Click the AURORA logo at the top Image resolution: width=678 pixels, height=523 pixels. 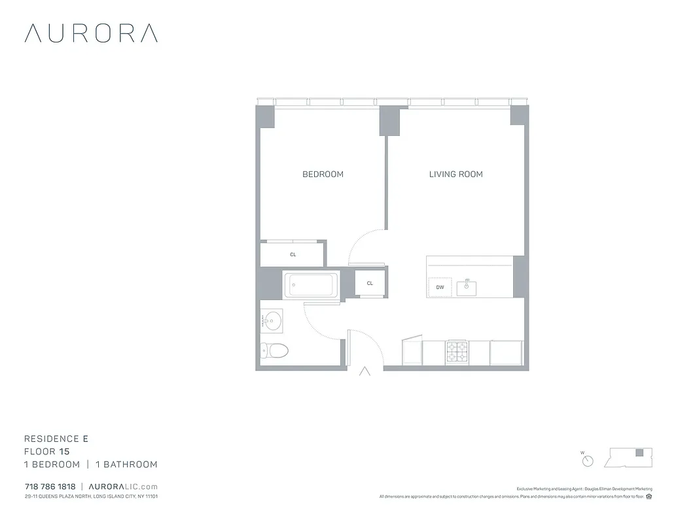(91, 33)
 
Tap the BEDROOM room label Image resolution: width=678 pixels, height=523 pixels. (323, 174)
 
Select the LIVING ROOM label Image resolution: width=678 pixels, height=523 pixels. (455, 174)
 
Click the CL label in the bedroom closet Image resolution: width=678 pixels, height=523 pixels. (293, 254)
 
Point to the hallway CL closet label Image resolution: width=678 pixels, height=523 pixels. (370, 283)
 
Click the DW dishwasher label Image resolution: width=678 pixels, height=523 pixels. (440, 287)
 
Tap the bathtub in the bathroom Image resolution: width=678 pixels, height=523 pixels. (312, 285)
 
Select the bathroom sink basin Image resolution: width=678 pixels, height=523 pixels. (272, 321)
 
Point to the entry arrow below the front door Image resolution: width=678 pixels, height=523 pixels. (365, 371)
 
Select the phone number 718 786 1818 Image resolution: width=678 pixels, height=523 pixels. (50, 487)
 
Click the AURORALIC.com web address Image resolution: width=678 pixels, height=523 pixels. (122, 487)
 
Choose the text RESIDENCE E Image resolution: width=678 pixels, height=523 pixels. (56, 439)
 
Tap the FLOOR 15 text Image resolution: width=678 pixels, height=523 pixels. (46, 451)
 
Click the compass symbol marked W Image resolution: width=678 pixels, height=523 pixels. (587, 460)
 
